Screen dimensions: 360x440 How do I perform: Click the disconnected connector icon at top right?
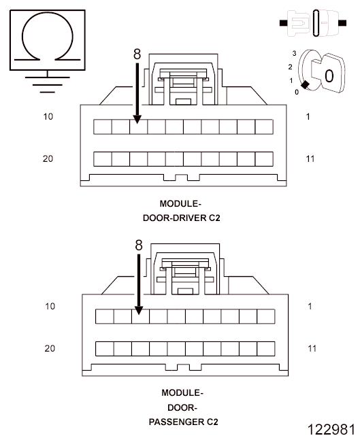coord(313,23)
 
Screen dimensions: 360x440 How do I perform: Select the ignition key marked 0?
coord(328,73)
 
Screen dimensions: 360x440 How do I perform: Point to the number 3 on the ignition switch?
coord(294,53)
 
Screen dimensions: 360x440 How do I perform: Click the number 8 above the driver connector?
coord(137,54)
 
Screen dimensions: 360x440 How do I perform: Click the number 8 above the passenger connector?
coord(139,246)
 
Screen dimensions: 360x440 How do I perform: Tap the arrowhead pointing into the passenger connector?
coord(139,310)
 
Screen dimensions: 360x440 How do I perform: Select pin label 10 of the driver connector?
coord(48,116)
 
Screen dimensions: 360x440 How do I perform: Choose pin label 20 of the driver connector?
coord(48,158)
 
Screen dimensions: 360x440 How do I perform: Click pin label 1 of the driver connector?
coord(308,116)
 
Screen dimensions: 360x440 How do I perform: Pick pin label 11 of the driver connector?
coord(310,159)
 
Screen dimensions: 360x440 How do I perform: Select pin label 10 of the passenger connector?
coord(50,306)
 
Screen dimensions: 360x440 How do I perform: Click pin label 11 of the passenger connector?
coord(312,348)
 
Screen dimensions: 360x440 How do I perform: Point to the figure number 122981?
coord(331,430)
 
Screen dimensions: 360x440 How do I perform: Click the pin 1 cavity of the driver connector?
coord(264,127)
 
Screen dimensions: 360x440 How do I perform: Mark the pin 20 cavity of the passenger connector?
coord(105,349)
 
